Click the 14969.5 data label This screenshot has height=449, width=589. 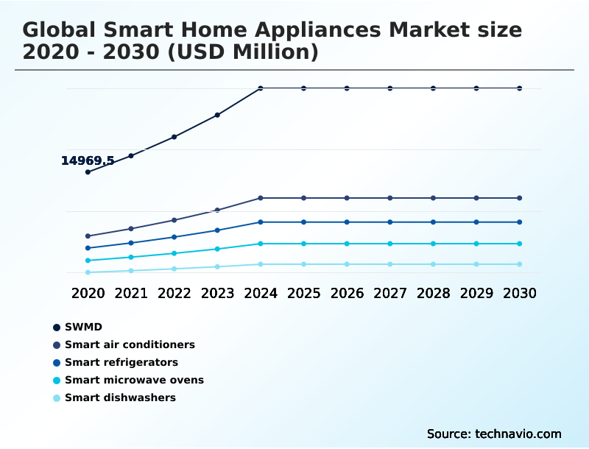[88, 160]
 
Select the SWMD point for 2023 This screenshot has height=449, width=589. [217, 115]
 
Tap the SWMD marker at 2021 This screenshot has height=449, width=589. [131, 155]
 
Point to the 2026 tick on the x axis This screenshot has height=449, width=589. [347, 293]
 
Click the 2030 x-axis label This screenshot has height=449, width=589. [520, 293]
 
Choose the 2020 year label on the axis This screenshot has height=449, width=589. [88, 293]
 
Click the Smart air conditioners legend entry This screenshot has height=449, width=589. [130, 344]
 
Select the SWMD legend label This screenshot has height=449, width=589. [83, 327]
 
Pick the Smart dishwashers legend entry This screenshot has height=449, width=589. [120, 397]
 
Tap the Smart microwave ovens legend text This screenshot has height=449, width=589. [134, 380]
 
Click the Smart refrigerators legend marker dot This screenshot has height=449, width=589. [56, 362]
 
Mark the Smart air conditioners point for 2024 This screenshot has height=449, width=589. [261, 198]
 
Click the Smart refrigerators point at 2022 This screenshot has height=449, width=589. [174, 237]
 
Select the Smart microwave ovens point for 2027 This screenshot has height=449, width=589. [390, 244]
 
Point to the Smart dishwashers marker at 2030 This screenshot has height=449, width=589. [520, 264]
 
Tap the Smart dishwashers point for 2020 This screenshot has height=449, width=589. [88, 272]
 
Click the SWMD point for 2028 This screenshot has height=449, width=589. [433, 88]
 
